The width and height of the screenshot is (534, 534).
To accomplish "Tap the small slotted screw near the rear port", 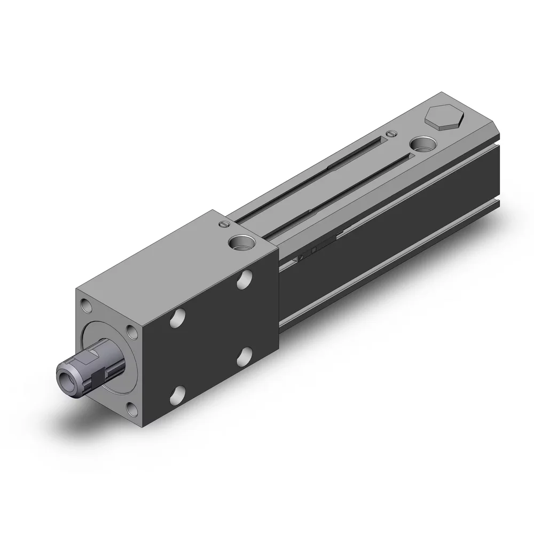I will tap(392, 133).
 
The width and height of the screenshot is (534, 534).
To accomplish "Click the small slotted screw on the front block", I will tap(223, 225).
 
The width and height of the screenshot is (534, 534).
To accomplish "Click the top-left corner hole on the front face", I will tap(86, 306).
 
